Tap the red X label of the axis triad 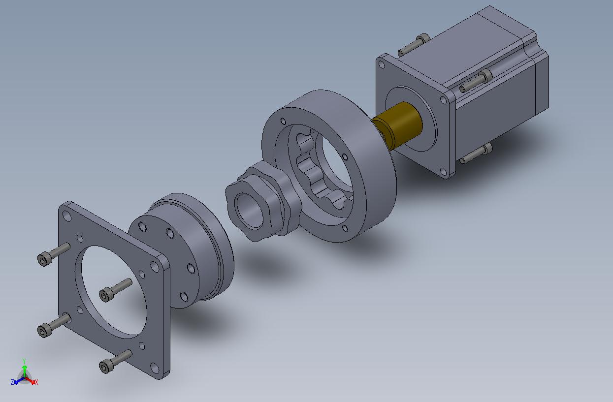pyautogui.click(x=36, y=382)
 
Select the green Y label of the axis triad pyautogui.click(x=24, y=361)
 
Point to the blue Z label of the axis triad pyautogui.click(x=12, y=382)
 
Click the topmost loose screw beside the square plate pyautogui.click(x=54, y=254)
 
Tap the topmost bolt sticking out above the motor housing pyautogui.click(x=414, y=45)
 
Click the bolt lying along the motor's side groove pyautogui.click(x=476, y=81)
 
